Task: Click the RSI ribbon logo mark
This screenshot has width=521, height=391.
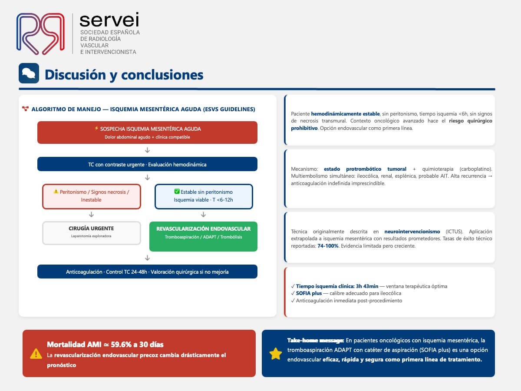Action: point(40,34)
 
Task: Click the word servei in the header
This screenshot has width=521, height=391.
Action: point(109,20)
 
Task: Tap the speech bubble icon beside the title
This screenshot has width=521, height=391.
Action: point(29,73)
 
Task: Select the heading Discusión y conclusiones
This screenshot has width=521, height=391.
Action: point(124,75)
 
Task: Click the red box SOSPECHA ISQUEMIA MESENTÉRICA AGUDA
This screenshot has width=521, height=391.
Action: point(147,133)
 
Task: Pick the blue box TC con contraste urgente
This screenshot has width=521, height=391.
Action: point(147,164)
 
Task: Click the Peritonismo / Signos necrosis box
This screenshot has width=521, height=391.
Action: point(92,196)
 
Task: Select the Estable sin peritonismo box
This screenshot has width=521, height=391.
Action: point(204,196)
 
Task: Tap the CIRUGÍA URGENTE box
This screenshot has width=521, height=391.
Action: point(92,233)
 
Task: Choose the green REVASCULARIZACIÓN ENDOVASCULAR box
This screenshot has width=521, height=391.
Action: point(204,236)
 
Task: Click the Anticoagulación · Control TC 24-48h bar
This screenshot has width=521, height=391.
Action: point(147,272)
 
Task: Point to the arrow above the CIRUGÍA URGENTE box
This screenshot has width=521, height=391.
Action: point(91,215)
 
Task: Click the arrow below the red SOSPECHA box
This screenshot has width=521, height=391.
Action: point(147,150)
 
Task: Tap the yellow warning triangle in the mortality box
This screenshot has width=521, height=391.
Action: point(36,354)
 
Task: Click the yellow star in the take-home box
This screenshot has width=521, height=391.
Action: point(276,354)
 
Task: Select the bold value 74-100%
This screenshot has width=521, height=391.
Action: point(328,246)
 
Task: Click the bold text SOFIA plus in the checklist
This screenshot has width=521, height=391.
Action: point(309,293)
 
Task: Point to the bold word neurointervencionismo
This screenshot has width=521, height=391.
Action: point(412,232)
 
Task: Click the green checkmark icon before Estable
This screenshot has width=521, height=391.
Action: point(177,191)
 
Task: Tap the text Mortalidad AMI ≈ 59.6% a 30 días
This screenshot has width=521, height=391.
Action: point(105,344)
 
